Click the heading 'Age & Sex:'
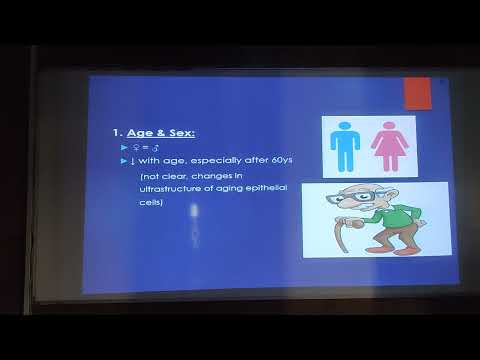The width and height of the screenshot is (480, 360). (x=161, y=131)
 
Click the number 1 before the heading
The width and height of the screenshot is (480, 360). (x=117, y=131)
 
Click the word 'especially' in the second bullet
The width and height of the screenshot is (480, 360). (x=208, y=160)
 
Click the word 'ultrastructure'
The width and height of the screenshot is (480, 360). (x=172, y=189)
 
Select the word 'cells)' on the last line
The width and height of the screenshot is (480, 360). (x=151, y=202)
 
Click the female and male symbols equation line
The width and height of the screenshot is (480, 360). (x=140, y=147)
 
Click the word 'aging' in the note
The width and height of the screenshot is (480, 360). (x=220, y=189)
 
